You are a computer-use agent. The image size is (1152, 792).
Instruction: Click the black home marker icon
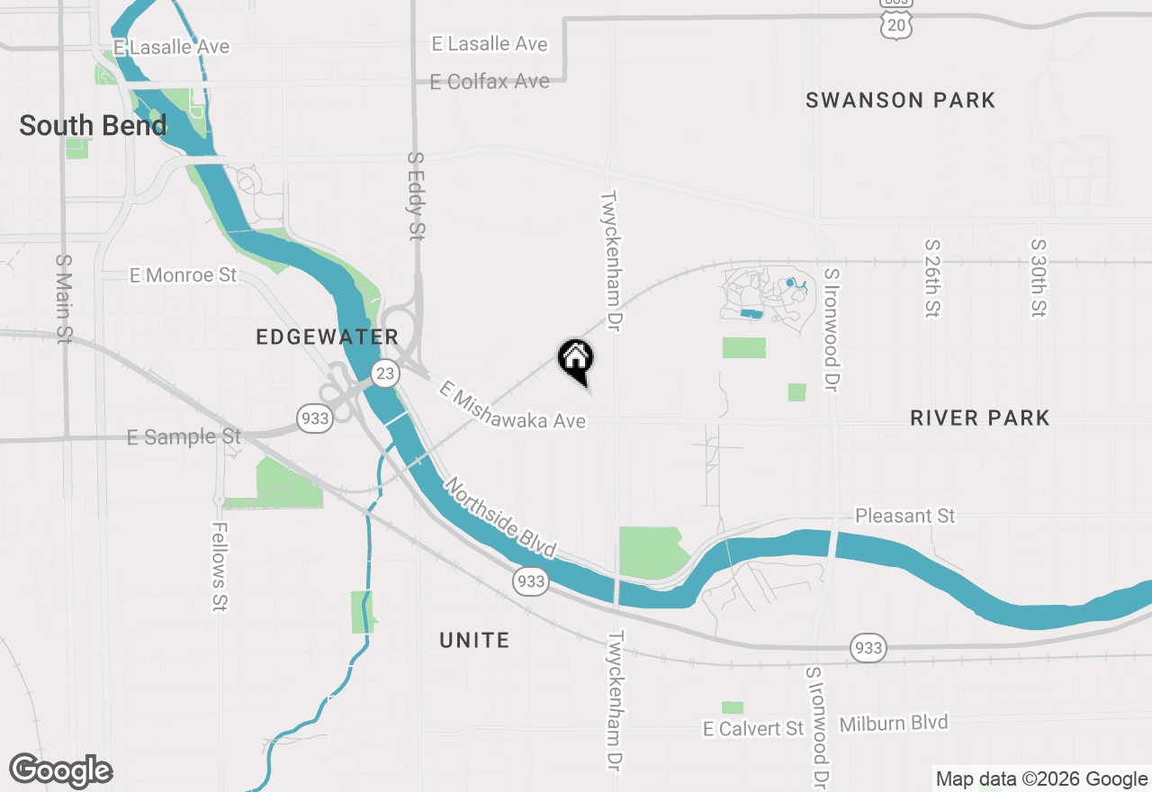(576, 359)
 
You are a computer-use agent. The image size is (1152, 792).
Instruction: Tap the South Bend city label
(93, 125)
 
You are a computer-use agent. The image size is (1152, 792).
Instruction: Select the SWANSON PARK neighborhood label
(900, 100)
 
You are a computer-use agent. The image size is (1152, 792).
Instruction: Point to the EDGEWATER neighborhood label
(327, 337)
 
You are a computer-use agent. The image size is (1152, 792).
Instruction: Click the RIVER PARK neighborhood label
(979, 418)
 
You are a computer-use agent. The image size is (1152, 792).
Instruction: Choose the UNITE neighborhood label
(474, 640)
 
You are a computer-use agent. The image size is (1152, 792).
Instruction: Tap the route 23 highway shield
(385, 373)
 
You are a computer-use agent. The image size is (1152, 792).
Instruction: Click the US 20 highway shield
(897, 25)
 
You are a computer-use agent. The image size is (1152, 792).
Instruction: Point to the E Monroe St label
(183, 275)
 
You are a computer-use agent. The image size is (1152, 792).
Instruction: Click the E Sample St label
(184, 436)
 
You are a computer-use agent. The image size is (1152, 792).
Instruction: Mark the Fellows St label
(219, 567)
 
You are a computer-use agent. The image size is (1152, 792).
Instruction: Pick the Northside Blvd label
(499, 517)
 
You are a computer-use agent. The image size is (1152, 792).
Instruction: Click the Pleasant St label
(904, 516)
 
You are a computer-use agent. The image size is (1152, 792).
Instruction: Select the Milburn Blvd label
(893, 723)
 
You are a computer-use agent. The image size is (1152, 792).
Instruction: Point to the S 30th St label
(1039, 278)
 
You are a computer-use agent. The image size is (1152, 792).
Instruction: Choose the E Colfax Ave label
(490, 81)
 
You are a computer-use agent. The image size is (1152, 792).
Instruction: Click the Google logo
(61, 771)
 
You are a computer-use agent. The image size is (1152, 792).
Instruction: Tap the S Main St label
(63, 298)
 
